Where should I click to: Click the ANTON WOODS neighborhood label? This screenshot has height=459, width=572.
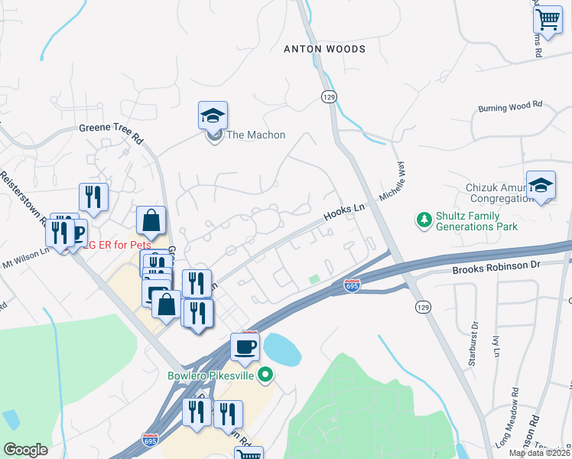pyautogui.click(x=324, y=49)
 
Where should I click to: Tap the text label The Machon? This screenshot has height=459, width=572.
pyautogui.click(x=256, y=135)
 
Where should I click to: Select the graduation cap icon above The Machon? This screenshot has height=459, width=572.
pyautogui.click(x=213, y=116)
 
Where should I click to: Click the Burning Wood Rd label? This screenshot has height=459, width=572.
pyautogui.click(x=509, y=108)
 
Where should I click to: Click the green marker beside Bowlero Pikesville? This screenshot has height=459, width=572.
pyautogui.click(x=265, y=375)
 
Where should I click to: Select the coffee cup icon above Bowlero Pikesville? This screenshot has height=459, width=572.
pyautogui.click(x=245, y=347)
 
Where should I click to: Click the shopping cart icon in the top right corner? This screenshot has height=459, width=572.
pyautogui.click(x=548, y=18)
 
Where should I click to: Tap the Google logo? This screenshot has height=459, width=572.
pyautogui.click(x=25, y=450)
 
